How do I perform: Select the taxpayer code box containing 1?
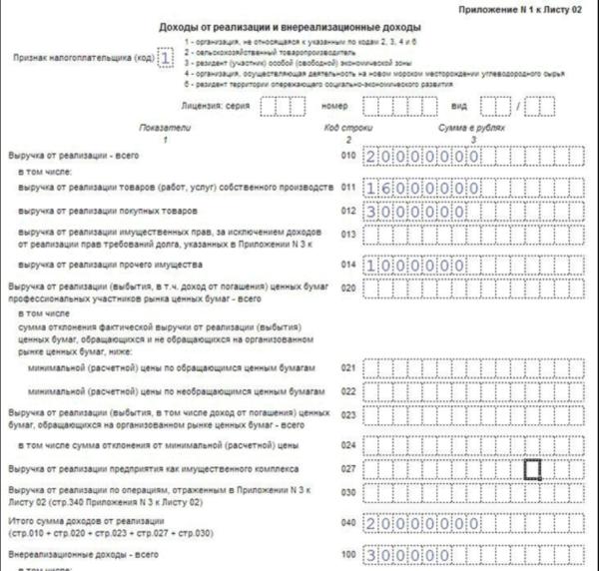(x=166, y=58)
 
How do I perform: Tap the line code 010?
(x=347, y=157)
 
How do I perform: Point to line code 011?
(x=347, y=188)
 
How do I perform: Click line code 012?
(x=347, y=212)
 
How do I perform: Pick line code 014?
(x=347, y=264)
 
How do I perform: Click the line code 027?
(x=347, y=468)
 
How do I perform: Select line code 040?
(x=347, y=522)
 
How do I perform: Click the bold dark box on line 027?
(x=533, y=468)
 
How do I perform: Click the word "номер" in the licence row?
(x=333, y=104)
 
